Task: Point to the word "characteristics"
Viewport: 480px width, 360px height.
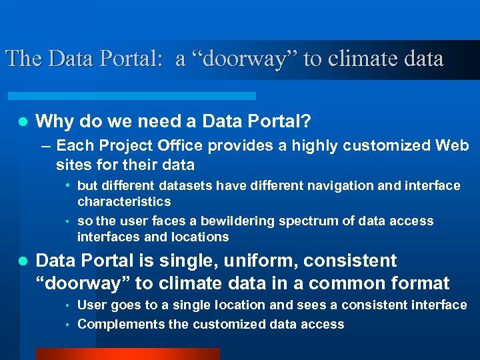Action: tap(124, 201)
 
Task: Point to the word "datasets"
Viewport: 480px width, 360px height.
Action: tap(184, 185)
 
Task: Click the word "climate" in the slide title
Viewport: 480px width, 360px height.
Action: tap(358, 59)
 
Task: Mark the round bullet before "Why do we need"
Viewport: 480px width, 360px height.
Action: tap(22, 122)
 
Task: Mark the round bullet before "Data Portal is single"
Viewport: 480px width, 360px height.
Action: tap(22, 261)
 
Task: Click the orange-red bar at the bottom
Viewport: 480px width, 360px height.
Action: tap(127, 353)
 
